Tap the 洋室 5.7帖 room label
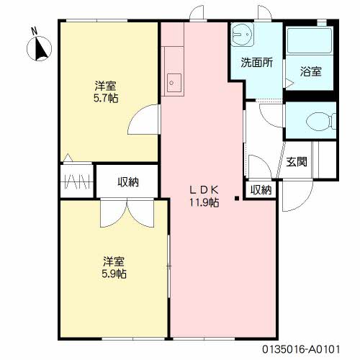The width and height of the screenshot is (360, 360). point(106,92)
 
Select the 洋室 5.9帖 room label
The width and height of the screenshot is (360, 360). point(114,268)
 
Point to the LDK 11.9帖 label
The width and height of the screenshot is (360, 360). point(204,197)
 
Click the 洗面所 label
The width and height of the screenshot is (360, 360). point(256,63)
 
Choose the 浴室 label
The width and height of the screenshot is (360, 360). point(310,71)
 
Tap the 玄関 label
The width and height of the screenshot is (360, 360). point(297,162)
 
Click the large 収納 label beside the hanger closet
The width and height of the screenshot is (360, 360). point(128,182)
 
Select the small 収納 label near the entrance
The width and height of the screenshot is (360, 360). point(261,190)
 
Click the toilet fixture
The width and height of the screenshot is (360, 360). point(321,122)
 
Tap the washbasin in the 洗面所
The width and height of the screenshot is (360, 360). point(243,35)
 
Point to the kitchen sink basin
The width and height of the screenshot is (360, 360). point(174,83)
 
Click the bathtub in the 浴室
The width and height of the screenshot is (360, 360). point(310,41)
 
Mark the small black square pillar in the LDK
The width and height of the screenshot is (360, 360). point(237,198)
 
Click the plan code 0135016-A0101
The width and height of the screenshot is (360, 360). point(301,349)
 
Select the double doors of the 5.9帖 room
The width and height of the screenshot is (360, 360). point(127,212)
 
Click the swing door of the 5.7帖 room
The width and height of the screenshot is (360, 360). point(143,119)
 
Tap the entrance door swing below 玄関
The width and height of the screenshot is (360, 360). point(297,196)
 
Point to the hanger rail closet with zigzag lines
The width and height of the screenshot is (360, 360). point(77,181)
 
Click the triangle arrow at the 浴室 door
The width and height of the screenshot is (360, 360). point(289,84)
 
